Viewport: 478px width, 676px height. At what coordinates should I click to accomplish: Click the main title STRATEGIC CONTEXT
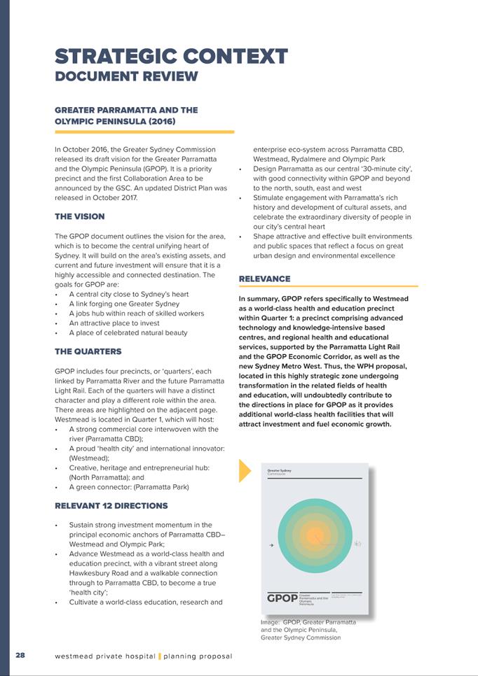(171, 56)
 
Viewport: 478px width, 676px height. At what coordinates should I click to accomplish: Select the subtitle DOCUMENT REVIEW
(126, 76)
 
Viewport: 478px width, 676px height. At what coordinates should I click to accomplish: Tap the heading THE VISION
(79, 217)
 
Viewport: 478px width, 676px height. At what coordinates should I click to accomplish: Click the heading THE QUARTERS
(88, 351)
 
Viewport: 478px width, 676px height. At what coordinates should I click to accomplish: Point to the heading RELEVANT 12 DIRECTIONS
(111, 505)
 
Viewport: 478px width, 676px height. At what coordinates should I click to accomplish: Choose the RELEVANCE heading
(264, 279)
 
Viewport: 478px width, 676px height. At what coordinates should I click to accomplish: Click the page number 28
(20, 656)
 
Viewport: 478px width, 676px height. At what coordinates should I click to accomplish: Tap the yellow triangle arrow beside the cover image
(245, 471)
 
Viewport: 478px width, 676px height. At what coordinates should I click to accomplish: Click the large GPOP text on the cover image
(282, 598)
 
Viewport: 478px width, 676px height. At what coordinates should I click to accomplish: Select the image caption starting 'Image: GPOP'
(308, 629)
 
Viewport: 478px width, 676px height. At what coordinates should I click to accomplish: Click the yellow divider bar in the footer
(160, 656)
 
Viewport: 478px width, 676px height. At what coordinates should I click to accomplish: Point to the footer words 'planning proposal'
(198, 656)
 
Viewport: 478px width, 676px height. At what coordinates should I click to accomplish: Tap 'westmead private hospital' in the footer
(105, 656)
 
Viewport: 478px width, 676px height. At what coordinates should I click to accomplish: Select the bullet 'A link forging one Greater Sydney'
(124, 304)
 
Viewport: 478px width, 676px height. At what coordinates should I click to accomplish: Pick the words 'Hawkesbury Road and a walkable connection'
(146, 572)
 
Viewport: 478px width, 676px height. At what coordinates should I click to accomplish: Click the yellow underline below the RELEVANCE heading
(328, 286)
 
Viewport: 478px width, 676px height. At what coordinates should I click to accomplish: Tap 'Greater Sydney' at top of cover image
(280, 470)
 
